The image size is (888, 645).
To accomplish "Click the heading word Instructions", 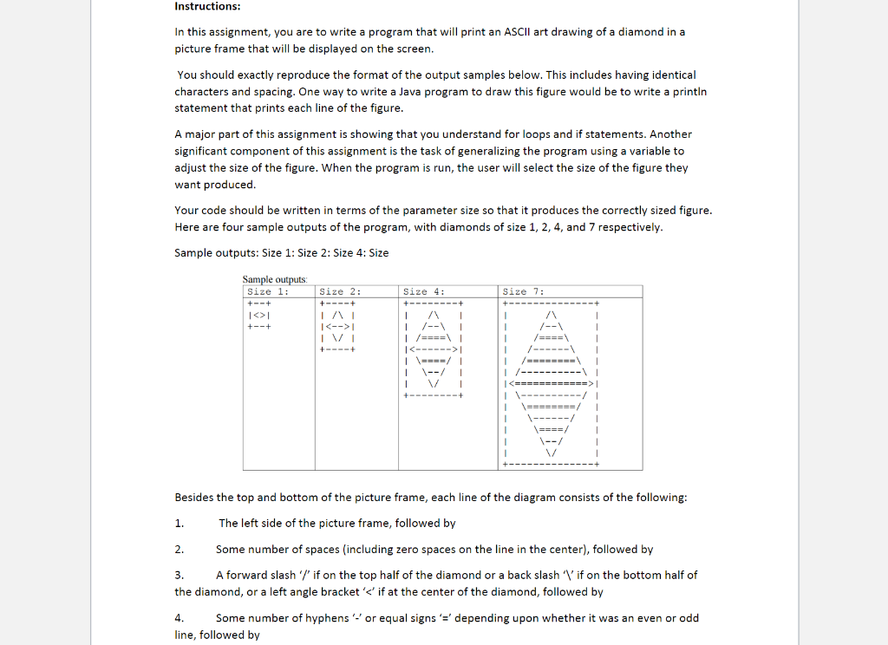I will point(207,7).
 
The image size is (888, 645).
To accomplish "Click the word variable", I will point(622,151).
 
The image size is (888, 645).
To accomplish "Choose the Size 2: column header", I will point(340,292).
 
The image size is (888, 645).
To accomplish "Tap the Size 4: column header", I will point(424,292).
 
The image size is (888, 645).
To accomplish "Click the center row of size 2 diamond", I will point(340,327).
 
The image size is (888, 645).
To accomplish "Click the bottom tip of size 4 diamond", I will point(431,384).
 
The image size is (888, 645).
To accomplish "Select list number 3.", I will point(179,575).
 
